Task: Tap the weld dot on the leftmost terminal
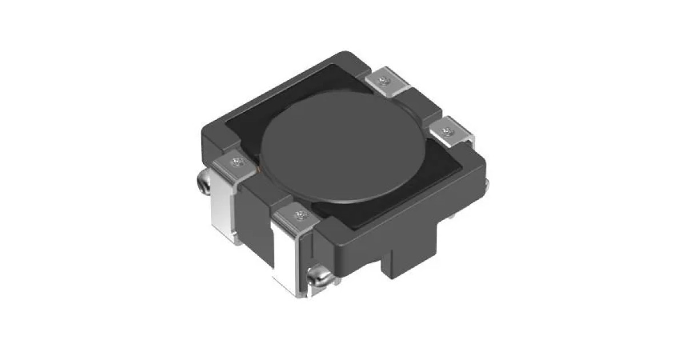tap(238, 164)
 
